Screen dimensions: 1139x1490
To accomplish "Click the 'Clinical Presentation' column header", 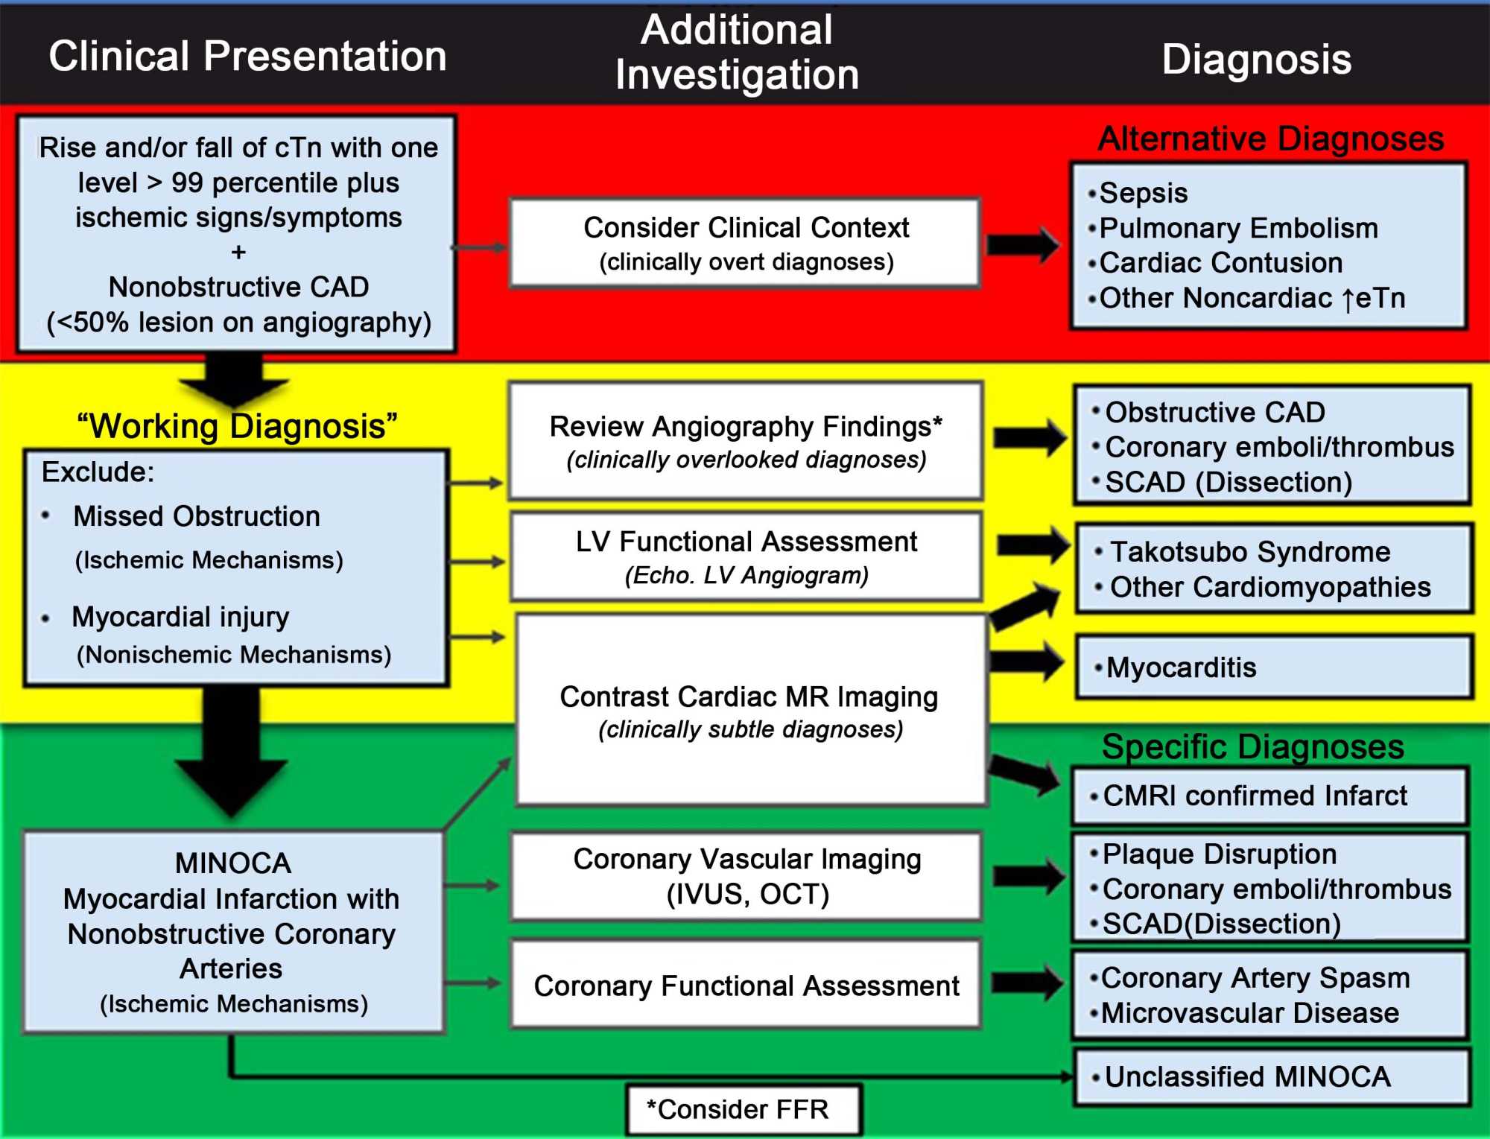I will click(x=247, y=57).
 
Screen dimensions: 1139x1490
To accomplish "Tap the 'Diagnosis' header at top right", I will click(x=1256, y=60).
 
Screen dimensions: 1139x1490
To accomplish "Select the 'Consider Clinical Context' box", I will click(x=745, y=243).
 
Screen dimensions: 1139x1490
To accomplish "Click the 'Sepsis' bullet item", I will click(x=1144, y=193).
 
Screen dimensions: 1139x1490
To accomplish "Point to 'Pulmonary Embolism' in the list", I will click(x=1238, y=228).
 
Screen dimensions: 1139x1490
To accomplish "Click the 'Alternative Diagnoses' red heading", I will click(x=1270, y=139).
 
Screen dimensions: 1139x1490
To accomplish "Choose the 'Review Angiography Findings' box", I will click(x=745, y=440).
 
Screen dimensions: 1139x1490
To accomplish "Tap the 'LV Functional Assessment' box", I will click(x=746, y=556).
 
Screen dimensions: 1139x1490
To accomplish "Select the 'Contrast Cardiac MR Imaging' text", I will click(x=749, y=697).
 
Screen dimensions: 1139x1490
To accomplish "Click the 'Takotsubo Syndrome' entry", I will click(x=1250, y=552).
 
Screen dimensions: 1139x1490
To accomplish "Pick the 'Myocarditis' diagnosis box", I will click(x=1274, y=667).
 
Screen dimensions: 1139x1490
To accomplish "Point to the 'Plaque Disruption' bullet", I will click(x=1220, y=854).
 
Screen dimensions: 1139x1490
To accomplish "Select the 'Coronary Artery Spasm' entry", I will click(x=1255, y=977).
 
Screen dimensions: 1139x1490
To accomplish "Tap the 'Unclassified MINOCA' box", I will click(x=1272, y=1076).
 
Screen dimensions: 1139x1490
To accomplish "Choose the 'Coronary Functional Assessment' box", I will click(x=746, y=986).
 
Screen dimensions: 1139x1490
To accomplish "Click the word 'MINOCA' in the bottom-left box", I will click(x=233, y=863).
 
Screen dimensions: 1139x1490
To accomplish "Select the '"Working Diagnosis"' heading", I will click(x=237, y=427).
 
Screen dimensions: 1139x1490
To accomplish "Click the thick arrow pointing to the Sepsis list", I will click(x=1023, y=244).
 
